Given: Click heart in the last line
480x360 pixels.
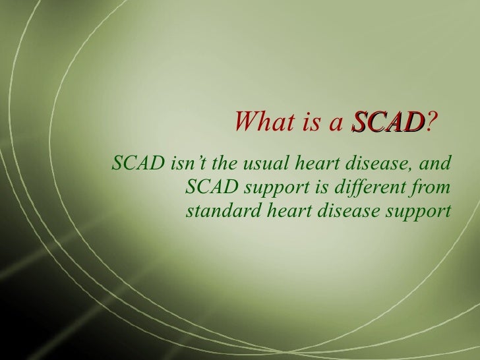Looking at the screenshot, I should point(275,213).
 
